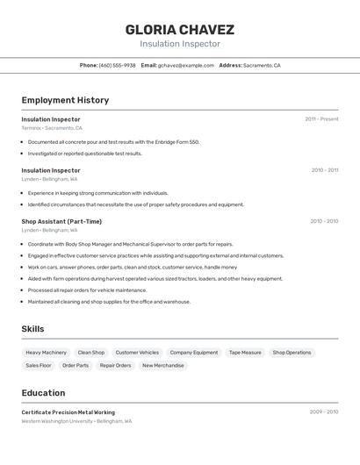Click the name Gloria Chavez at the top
click(179, 30)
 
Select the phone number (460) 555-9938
click(117, 66)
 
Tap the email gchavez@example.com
click(186, 66)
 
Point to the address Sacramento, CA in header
click(262, 66)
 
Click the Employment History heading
click(65, 100)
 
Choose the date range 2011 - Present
click(321, 119)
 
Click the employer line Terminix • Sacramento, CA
click(52, 128)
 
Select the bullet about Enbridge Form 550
click(113, 141)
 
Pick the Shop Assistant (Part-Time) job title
click(61, 221)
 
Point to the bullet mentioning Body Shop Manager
click(130, 244)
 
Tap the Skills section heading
click(32, 329)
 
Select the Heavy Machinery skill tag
click(46, 353)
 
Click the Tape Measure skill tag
click(245, 353)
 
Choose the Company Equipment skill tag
click(194, 353)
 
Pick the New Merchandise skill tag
click(163, 366)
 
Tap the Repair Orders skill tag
click(115, 366)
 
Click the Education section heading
click(43, 393)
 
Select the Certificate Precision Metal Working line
click(68, 412)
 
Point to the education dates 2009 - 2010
click(323, 411)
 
